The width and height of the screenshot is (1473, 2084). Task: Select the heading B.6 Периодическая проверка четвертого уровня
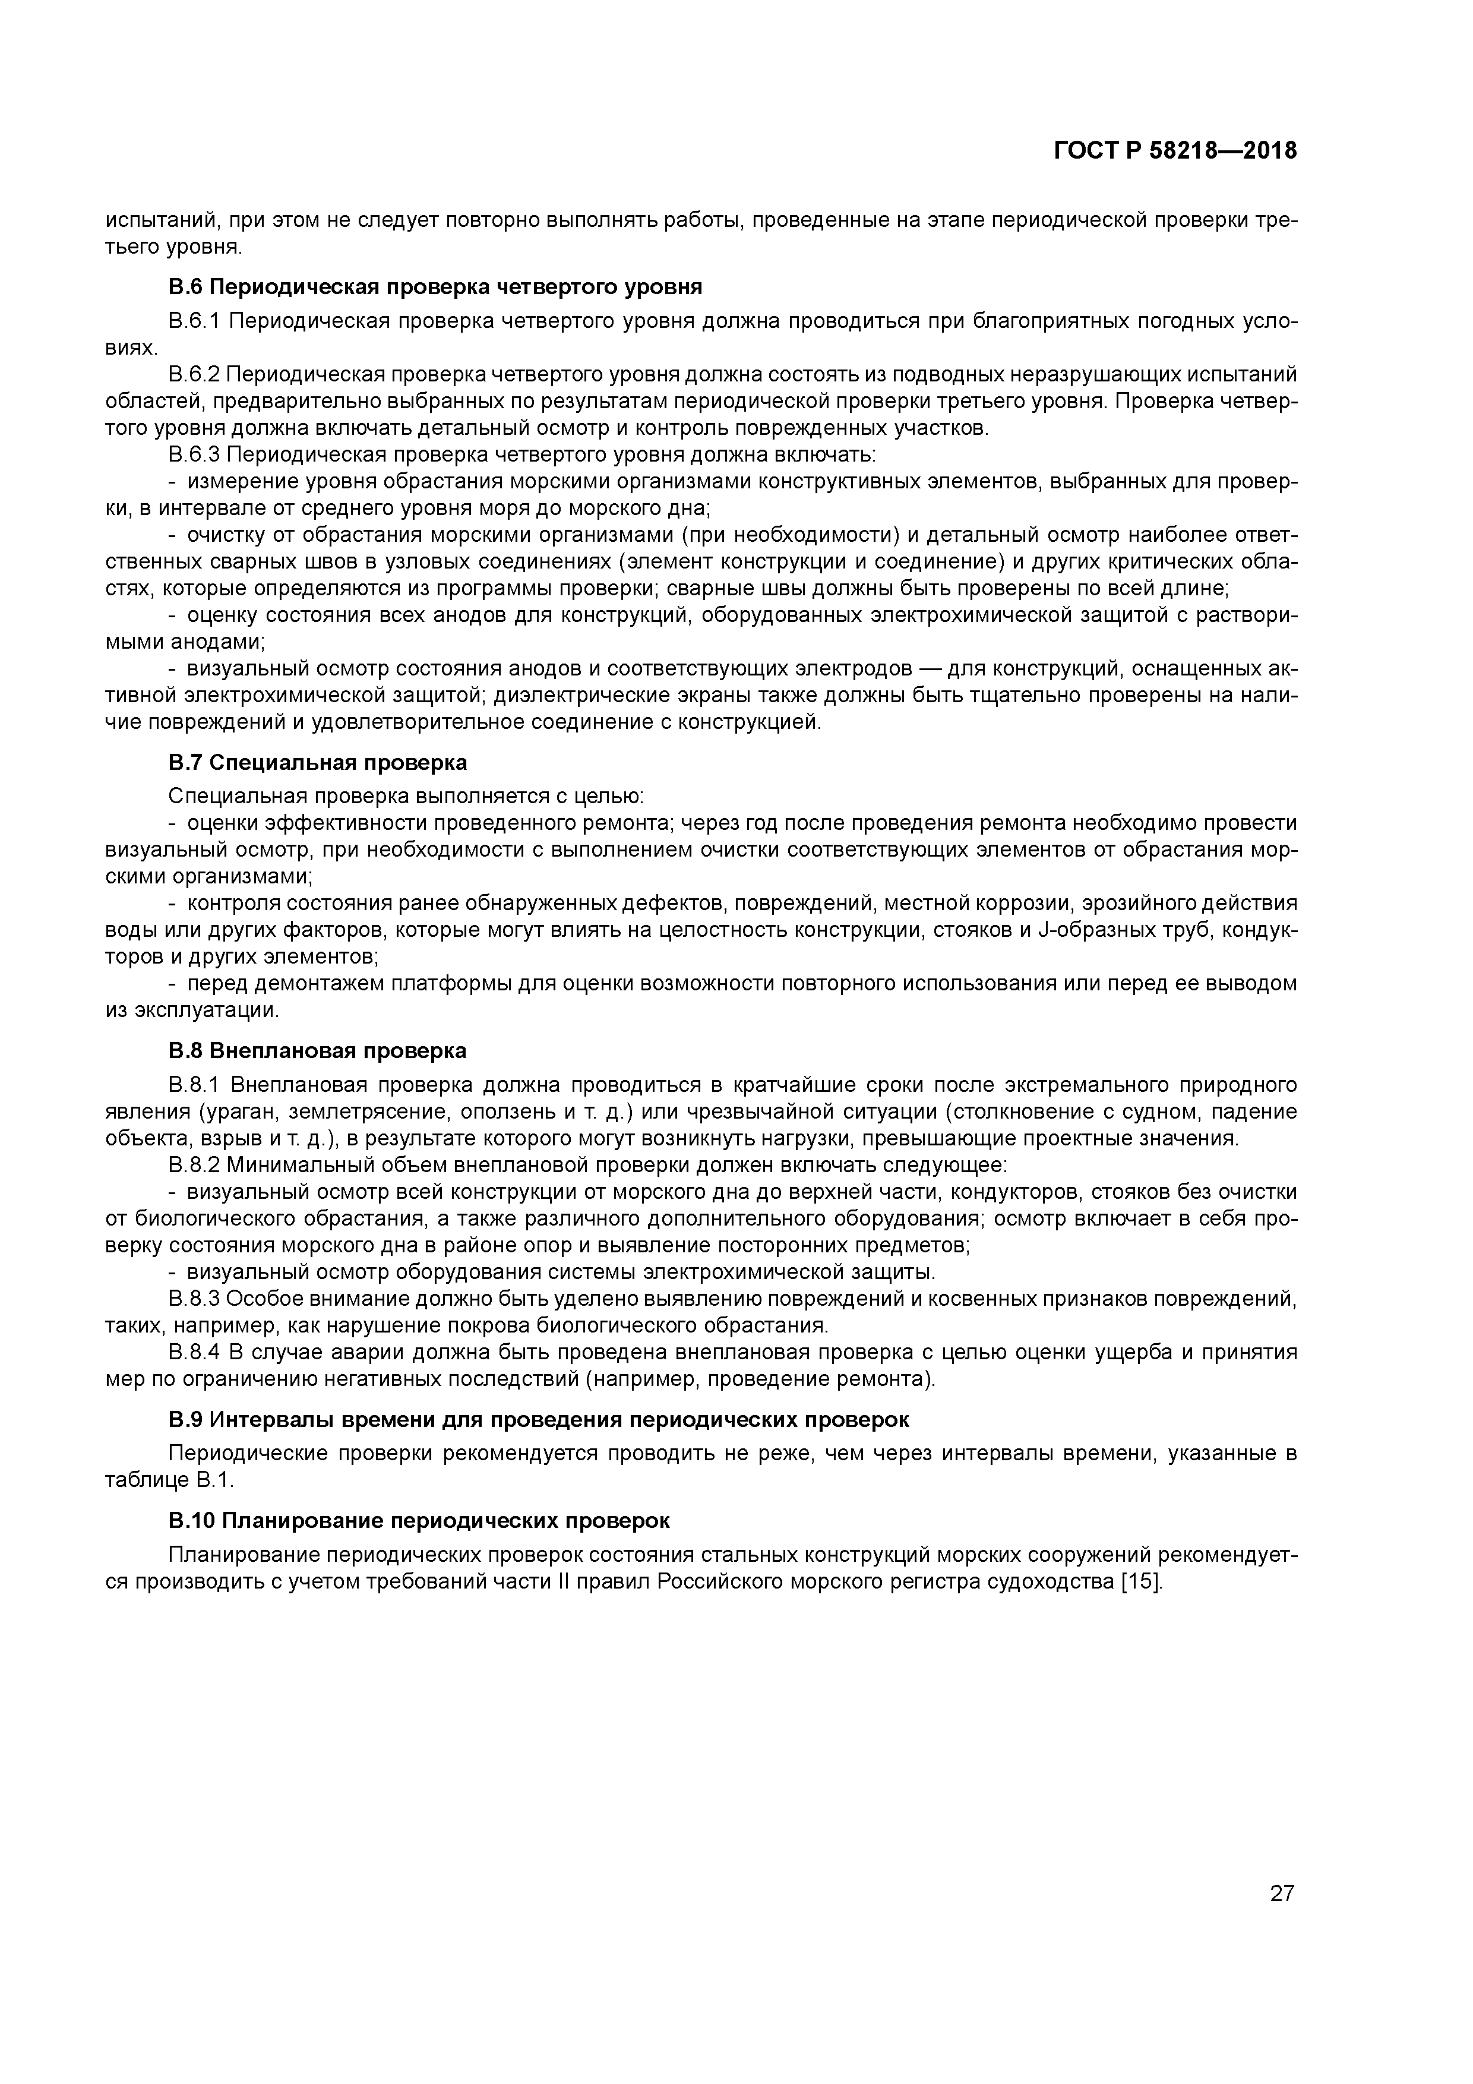point(435,288)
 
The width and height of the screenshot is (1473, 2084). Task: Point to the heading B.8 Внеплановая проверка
point(318,1051)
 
